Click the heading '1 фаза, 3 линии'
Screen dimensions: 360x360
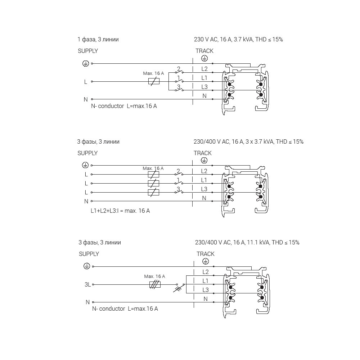tap(98, 40)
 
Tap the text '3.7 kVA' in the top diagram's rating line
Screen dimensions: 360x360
tap(243, 40)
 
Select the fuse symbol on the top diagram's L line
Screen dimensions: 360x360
tap(154, 81)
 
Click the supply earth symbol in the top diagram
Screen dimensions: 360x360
tap(86, 64)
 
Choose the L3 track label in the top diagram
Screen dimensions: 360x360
tap(204, 87)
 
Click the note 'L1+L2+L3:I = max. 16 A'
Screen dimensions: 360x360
tap(120, 211)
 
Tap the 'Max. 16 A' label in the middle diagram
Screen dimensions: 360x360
tap(153, 168)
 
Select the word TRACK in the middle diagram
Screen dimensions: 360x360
tap(203, 153)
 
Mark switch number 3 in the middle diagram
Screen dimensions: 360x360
tap(178, 191)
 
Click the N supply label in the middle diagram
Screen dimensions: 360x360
tap(86, 201)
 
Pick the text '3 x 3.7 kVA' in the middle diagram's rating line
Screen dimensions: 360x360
tap(259, 142)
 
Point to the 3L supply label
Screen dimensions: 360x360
tap(87, 284)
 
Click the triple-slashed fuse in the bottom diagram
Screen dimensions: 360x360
tap(155, 284)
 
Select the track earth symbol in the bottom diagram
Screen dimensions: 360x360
tap(206, 261)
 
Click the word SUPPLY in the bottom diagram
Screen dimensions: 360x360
tap(89, 254)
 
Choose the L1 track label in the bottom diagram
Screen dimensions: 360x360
tap(206, 281)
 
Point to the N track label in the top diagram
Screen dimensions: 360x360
tap(204, 96)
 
